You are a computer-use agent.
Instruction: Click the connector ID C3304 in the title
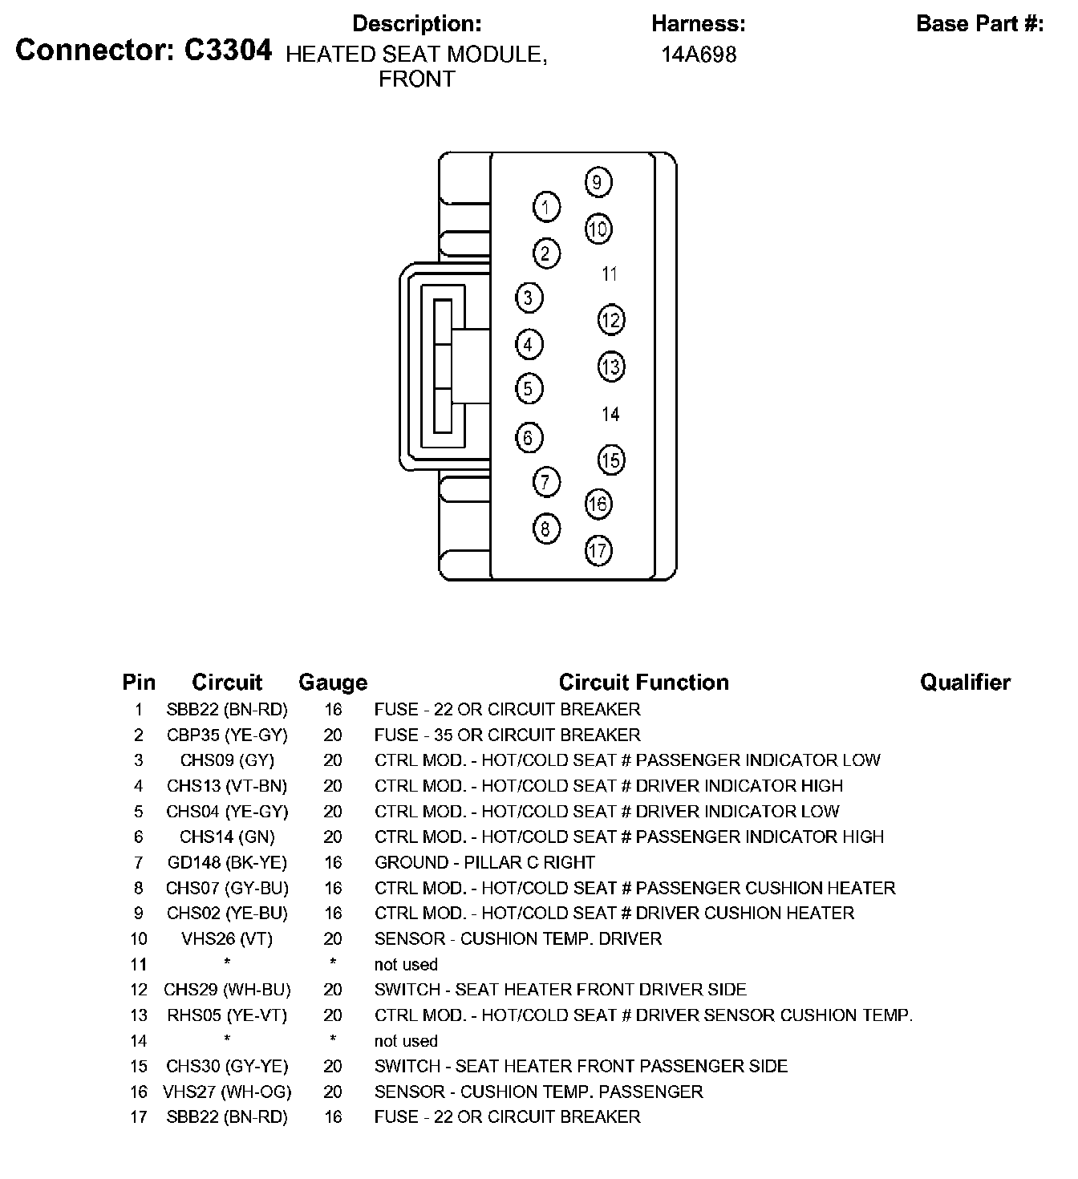coord(228,51)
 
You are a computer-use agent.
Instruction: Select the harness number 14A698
coord(699,55)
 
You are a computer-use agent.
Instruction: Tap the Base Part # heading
coord(979,24)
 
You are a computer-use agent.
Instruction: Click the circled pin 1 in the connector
coord(546,208)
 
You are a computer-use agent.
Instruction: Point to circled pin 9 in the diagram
coord(598,182)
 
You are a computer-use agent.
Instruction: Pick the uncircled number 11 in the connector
coord(610,274)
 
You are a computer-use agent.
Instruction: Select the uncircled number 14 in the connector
coord(610,414)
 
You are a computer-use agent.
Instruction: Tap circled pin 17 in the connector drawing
coord(598,550)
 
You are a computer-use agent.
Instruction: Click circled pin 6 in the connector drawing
coord(528,437)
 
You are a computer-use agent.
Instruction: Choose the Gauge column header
coord(333,683)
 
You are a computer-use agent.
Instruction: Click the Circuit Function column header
coord(643,683)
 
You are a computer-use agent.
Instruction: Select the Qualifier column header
coord(965,683)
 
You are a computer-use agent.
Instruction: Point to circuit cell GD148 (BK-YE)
coord(227,862)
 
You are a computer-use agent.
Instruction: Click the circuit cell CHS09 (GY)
coord(227,760)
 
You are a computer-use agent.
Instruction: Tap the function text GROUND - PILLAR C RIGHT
coord(484,862)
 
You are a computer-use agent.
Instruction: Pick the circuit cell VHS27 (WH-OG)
coord(227,1092)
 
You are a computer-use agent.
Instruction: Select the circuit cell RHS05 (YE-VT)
coord(227,1015)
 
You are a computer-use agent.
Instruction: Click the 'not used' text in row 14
coord(406,1041)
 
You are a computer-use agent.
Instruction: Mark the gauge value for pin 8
coord(333,888)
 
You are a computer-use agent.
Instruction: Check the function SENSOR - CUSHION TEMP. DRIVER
coord(518,938)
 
